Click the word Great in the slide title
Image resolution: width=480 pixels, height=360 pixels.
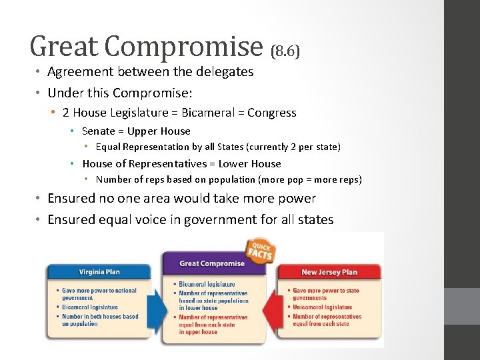63,46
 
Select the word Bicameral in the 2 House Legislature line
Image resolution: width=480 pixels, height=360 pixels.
210,113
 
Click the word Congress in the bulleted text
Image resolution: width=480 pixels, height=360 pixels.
271,113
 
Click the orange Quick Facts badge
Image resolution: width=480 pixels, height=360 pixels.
260,250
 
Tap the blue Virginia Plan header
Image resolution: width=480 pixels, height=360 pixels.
99,272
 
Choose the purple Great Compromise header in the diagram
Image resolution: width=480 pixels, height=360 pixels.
212,263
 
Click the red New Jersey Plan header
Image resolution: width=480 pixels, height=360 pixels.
329,272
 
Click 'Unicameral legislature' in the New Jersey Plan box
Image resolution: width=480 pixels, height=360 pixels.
323,307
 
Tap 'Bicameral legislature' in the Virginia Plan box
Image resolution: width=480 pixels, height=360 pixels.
90,307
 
